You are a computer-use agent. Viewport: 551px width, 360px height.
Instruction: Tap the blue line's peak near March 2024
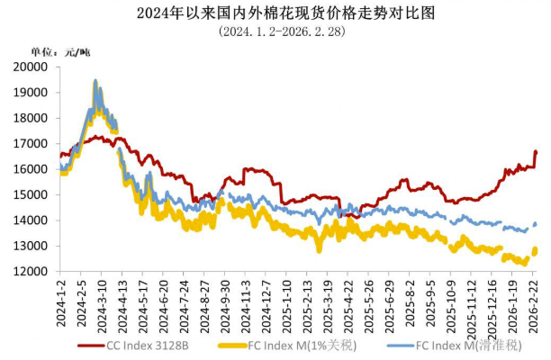(95, 81)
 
